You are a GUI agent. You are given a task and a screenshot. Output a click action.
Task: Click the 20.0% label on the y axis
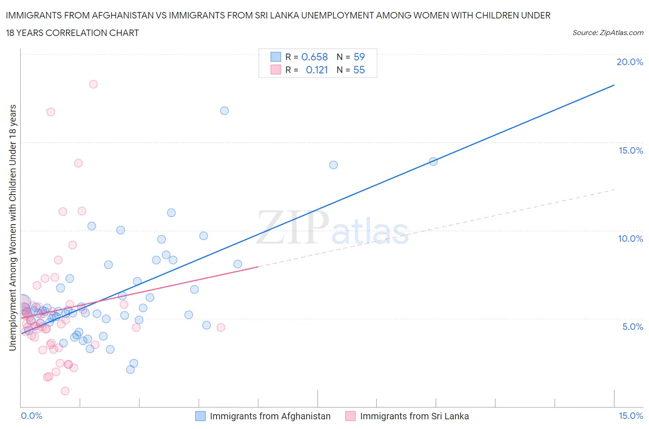coord(630,62)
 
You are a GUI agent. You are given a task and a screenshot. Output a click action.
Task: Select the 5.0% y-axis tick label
coord(632,327)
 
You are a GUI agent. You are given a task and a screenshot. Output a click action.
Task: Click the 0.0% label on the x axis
coord(31,416)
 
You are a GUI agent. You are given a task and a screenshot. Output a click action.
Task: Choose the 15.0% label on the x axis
coord(631,416)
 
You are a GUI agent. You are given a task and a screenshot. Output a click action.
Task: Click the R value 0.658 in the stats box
coord(314,57)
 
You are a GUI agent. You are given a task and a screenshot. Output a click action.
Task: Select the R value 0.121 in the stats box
coord(317,70)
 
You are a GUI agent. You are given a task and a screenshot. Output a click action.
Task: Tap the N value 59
coord(359,57)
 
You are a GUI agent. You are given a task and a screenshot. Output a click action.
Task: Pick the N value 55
coord(359,70)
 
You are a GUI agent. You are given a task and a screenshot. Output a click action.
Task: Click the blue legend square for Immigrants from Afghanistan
coord(200,416)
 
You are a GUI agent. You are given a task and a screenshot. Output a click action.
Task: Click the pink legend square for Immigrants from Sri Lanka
coord(350,416)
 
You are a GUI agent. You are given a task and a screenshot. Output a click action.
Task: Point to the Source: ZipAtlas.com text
coord(607,32)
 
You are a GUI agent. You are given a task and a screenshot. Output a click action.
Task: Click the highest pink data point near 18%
coord(93,84)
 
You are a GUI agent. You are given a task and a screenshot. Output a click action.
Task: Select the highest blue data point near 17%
coord(224,111)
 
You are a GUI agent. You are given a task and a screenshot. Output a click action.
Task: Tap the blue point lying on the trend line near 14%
coord(433,161)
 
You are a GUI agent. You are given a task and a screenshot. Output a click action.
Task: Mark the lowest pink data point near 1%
coord(65,391)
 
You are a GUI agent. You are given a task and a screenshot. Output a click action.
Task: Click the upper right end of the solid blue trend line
coord(614,85)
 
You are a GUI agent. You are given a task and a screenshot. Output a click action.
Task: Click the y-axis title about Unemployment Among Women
coord(13,227)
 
